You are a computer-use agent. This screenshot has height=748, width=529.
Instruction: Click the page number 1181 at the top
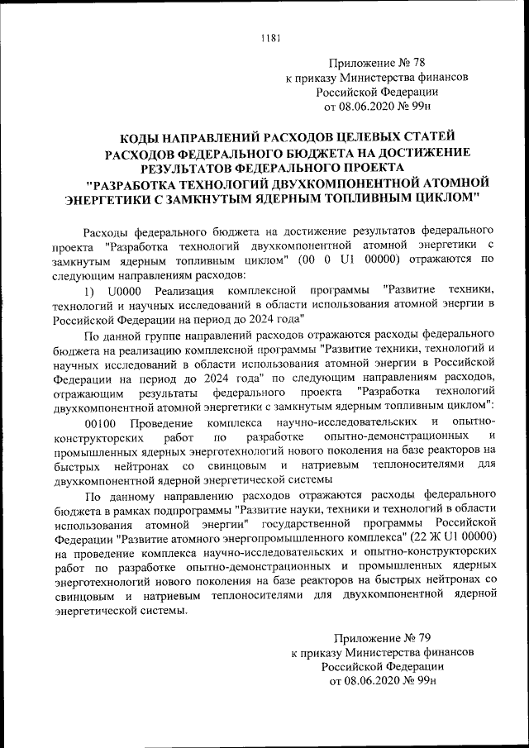(270, 36)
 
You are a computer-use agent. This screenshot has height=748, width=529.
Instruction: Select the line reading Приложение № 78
(378, 63)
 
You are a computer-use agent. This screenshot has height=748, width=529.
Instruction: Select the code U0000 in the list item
(124, 293)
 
